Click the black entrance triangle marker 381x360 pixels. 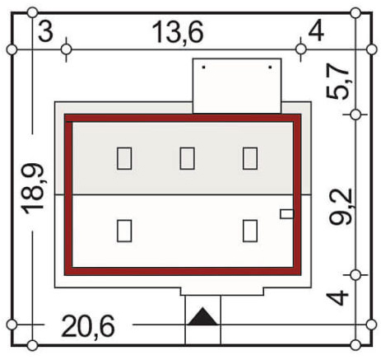[x=203, y=317]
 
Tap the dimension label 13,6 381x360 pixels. [x=178, y=32]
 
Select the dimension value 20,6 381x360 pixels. [x=88, y=326]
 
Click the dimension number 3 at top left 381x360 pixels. [x=45, y=32]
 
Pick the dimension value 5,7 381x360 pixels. [x=337, y=82]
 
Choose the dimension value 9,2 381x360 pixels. [x=341, y=207]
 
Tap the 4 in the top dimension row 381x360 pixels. [x=316, y=31]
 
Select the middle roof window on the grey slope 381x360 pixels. [x=187, y=158]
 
